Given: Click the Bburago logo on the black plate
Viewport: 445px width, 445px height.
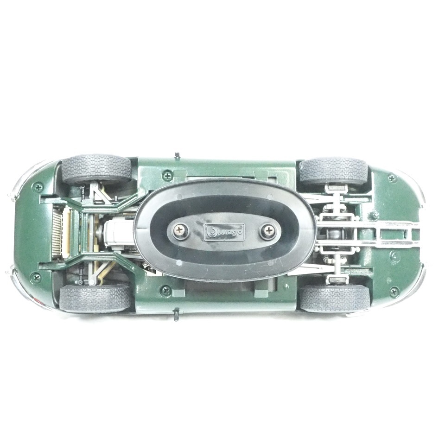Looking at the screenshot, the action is [x=224, y=232].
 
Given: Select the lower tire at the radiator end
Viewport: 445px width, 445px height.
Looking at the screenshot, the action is [x=95, y=299].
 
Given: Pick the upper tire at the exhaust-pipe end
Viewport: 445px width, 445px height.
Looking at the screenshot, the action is [x=335, y=171].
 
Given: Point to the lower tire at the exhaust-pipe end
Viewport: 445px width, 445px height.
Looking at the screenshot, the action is [x=335, y=298].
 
